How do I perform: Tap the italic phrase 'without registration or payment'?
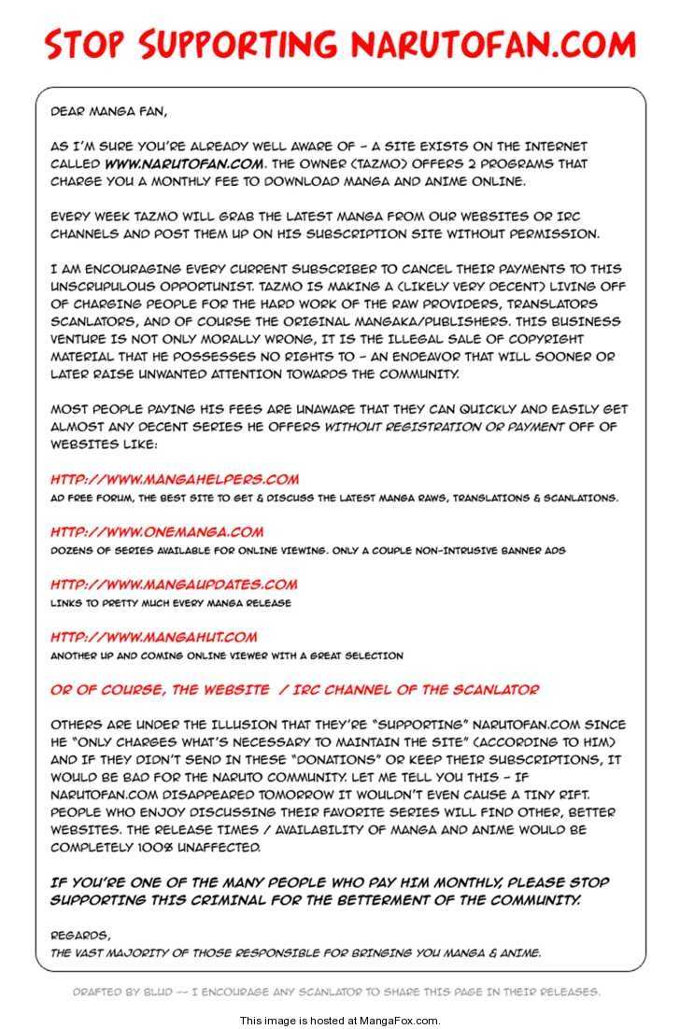444,427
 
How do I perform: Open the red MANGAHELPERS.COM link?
175,480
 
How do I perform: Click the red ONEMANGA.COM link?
157,532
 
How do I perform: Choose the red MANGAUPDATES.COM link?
174,585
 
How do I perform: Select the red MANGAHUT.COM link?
154,638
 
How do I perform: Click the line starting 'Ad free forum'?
333,498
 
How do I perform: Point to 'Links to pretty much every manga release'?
171,603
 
